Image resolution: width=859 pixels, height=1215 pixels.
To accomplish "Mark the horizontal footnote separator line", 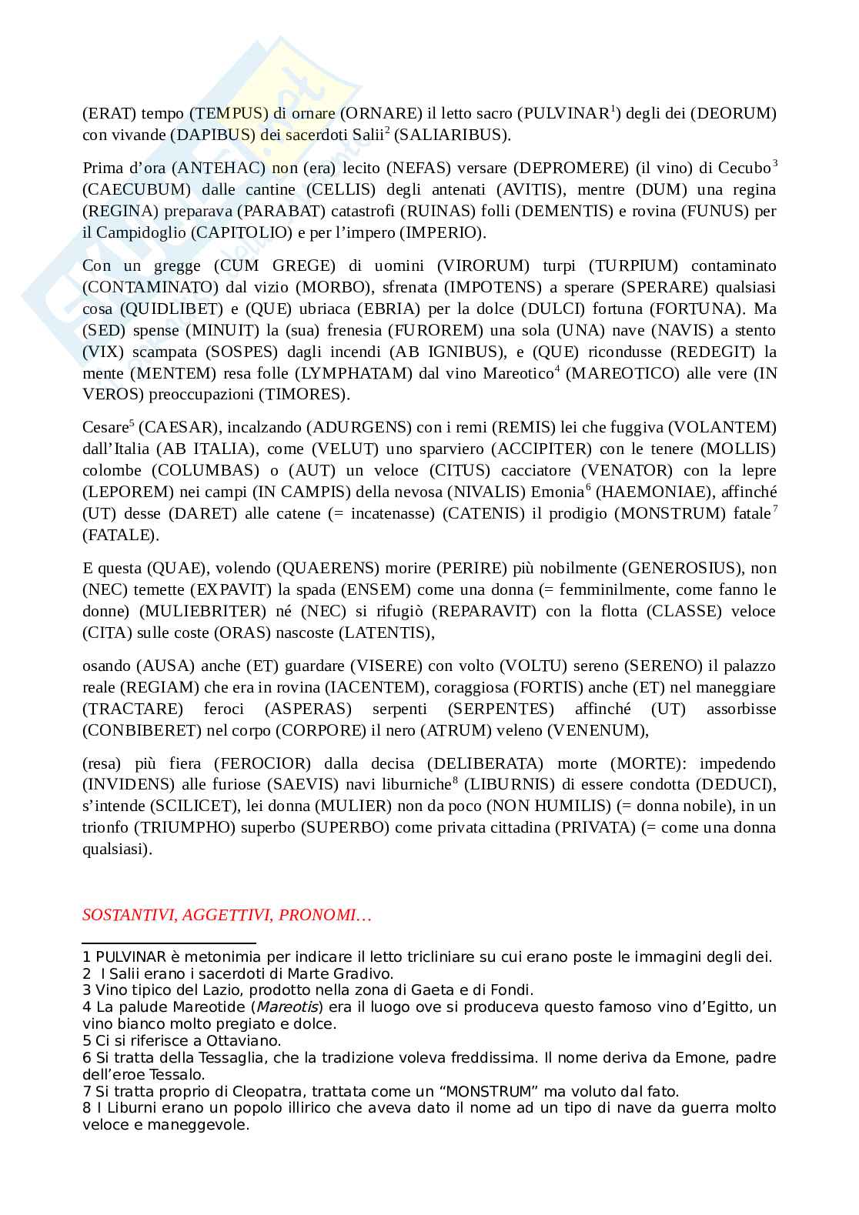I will click(169, 943).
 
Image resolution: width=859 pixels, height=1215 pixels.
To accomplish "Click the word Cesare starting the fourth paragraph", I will click(104, 427).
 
